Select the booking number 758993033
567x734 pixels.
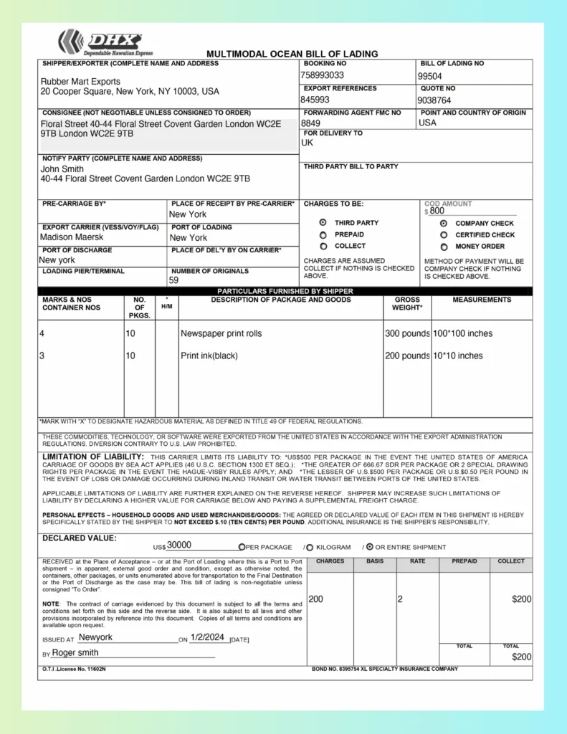(x=322, y=75)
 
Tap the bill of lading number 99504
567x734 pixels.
(x=430, y=76)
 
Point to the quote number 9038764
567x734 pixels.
(x=435, y=100)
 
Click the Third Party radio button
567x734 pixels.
(x=323, y=223)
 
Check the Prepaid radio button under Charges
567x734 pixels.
(x=323, y=234)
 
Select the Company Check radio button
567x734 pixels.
(x=444, y=224)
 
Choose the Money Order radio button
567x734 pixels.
(x=444, y=247)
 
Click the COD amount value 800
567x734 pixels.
(x=437, y=211)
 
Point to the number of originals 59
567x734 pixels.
(x=173, y=280)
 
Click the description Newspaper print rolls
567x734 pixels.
(x=221, y=333)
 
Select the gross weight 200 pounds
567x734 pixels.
(x=407, y=356)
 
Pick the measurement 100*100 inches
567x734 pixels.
(x=462, y=333)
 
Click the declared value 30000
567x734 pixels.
(x=179, y=545)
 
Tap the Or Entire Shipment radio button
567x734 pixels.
(x=370, y=547)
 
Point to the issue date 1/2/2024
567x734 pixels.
(x=208, y=637)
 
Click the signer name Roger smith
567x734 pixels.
(x=75, y=653)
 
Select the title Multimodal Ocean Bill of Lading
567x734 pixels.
(x=292, y=54)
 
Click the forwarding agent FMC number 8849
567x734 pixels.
(x=311, y=123)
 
